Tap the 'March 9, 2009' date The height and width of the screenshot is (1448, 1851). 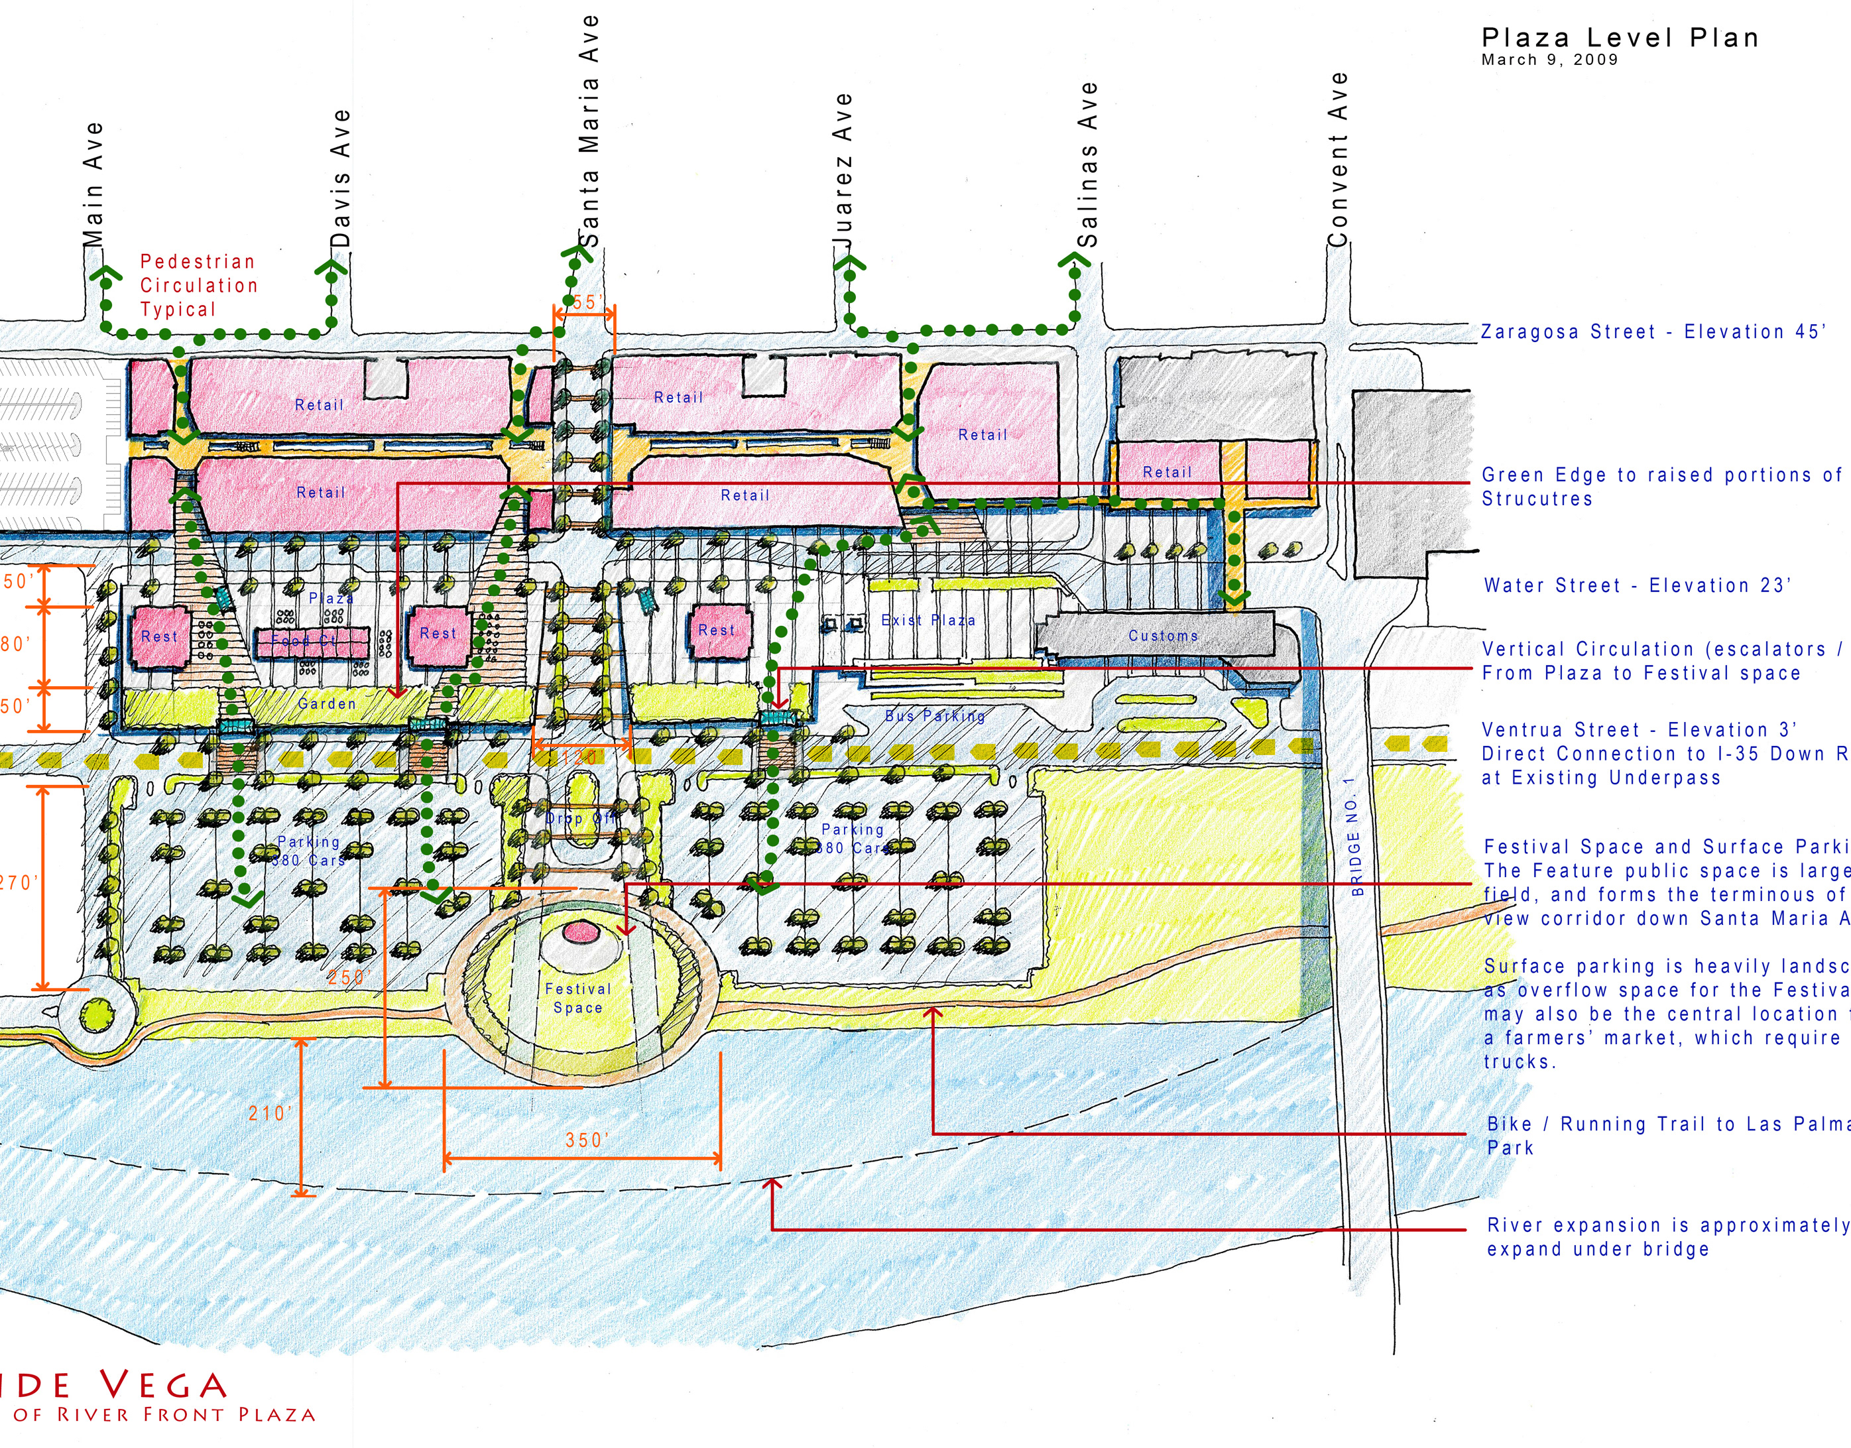pyautogui.click(x=1549, y=60)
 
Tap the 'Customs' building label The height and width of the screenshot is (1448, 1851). pyautogui.click(x=1163, y=635)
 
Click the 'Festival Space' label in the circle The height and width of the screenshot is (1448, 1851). pyautogui.click(x=578, y=998)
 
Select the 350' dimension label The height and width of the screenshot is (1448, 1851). pyautogui.click(x=584, y=1140)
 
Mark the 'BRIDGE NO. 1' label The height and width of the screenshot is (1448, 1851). pyautogui.click(x=1355, y=836)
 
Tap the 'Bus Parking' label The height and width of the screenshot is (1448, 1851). pyautogui.click(x=935, y=715)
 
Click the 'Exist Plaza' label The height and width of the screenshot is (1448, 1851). pyautogui.click(x=928, y=620)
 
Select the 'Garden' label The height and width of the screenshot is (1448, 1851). pyautogui.click(x=327, y=703)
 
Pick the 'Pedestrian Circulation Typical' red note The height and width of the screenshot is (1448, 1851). pyautogui.click(x=198, y=285)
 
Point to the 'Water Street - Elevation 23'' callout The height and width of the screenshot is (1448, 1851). pyautogui.click(x=1638, y=585)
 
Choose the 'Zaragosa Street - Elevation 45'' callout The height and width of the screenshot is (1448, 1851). pyautogui.click(x=1653, y=332)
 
